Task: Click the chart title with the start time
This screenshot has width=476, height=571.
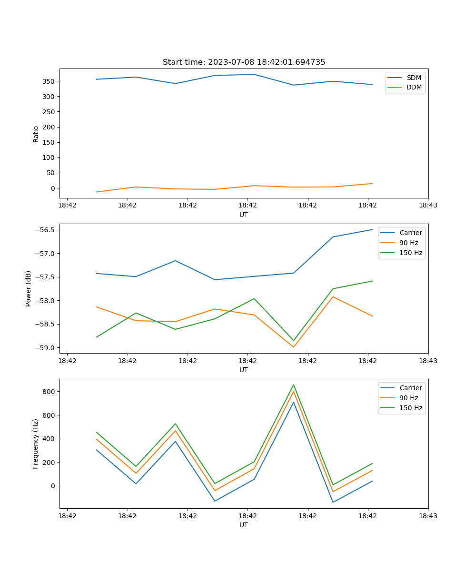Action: (244, 62)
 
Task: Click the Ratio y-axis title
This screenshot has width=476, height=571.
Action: (36, 134)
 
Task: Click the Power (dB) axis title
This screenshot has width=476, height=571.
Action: (29, 288)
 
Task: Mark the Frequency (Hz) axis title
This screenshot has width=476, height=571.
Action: (36, 443)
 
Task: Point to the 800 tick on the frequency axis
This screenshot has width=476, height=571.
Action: (50, 392)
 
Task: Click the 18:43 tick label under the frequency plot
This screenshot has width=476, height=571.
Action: (428, 516)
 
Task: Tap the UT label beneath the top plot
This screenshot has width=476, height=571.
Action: (244, 215)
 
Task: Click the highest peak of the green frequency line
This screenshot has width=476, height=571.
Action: (293, 384)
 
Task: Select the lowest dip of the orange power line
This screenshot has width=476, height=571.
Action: (293, 347)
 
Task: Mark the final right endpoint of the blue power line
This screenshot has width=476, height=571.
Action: (372, 229)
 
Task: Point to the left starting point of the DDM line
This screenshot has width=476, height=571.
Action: (97, 192)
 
